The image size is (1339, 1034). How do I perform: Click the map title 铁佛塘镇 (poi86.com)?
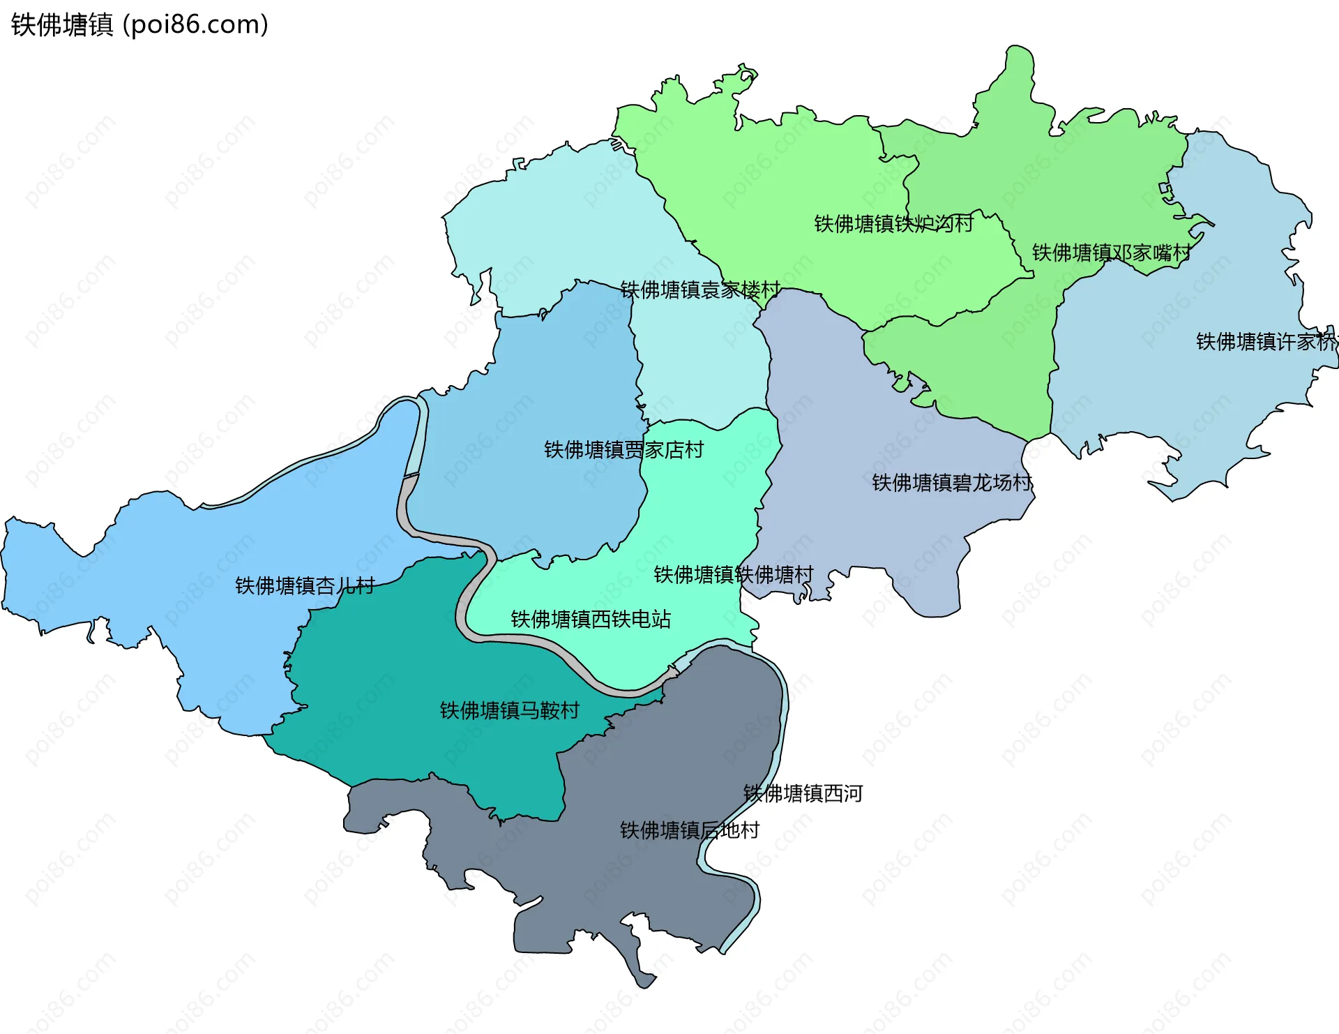[x=139, y=25]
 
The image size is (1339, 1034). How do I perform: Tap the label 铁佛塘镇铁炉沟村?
[x=893, y=224]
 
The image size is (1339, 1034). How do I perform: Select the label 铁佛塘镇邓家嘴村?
[x=1111, y=253]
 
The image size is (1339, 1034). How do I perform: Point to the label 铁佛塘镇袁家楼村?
[x=700, y=290]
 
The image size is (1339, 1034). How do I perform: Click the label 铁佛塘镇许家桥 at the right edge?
[x=1266, y=342]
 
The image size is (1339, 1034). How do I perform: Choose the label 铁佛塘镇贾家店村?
[x=623, y=450]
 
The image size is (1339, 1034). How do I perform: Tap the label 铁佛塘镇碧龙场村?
[x=952, y=483]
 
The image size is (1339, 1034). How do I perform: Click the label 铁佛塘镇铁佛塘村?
[x=733, y=575]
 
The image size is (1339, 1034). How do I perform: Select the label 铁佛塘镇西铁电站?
[x=591, y=620]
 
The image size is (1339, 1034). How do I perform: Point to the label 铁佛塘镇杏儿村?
[x=305, y=586]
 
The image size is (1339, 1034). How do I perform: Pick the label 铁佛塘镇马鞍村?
[x=509, y=711]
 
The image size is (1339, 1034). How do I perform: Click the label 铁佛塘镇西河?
[x=803, y=794]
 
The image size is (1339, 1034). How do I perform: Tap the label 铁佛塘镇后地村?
[x=689, y=831]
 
